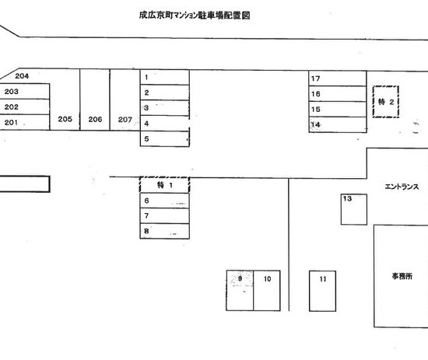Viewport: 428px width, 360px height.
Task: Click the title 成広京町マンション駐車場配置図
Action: [195, 16]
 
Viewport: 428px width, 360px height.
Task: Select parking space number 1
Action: [165, 77]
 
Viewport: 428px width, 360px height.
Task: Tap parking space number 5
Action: [165, 139]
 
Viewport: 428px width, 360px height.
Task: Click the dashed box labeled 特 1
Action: [165, 185]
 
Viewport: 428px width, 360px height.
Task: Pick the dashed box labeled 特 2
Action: [386, 102]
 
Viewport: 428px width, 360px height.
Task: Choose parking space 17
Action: [338, 79]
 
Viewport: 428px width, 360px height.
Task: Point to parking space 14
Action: [338, 125]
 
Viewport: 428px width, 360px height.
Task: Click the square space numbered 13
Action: [354, 209]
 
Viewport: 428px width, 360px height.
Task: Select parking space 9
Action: [240, 291]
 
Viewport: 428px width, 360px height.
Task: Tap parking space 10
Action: [267, 291]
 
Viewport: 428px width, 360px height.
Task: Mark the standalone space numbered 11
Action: [322, 291]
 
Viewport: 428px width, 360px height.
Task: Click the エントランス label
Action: [402, 187]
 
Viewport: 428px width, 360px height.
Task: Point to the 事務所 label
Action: [402, 277]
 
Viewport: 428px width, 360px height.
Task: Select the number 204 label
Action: [22, 76]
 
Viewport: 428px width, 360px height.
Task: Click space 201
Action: [25, 122]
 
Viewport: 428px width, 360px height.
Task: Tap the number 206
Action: [95, 119]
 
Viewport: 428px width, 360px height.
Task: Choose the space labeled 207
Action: [125, 100]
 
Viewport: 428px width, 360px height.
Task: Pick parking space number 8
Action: [165, 231]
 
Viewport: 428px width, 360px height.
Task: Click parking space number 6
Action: [165, 201]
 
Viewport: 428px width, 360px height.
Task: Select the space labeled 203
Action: [25, 92]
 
